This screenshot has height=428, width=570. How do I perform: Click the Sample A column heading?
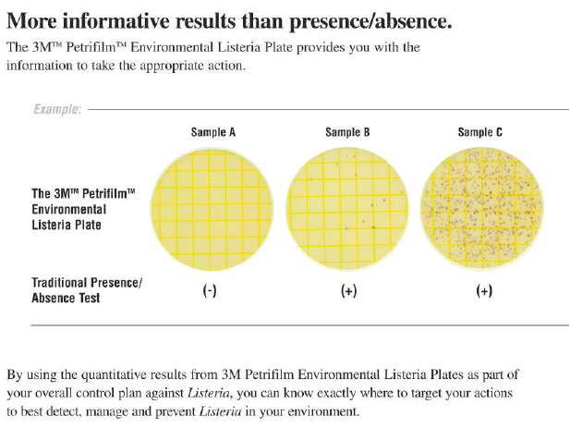pyautogui.click(x=212, y=133)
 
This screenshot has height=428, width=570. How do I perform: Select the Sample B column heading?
pyautogui.click(x=347, y=133)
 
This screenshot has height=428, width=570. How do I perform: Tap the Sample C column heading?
pyautogui.click(x=480, y=133)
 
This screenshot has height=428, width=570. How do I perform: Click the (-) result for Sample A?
pyautogui.click(x=210, y=290)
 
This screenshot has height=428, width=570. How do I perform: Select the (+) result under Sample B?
pyautogui.click(x=349, y=290)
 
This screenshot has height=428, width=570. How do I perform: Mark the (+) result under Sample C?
pyautogui.click(x=483, y=290)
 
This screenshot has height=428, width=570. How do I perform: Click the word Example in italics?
pyautogui.click(x=57, y=110)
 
